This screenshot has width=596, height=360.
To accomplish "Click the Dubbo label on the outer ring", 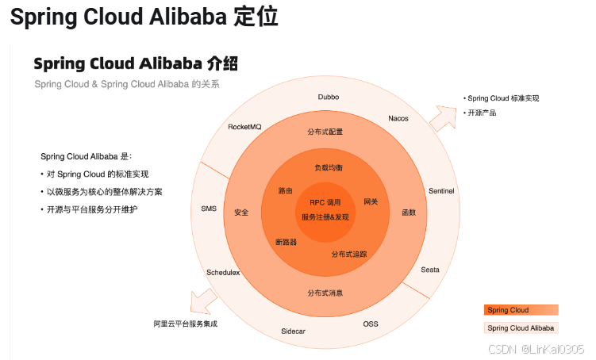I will tap(329, 97).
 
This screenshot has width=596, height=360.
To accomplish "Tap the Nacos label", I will tap(398, 118).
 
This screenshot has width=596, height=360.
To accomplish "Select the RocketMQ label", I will tap(244, 127).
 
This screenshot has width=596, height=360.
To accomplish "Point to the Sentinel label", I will tap(441, 191).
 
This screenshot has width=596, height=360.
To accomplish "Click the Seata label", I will tap(429, 270).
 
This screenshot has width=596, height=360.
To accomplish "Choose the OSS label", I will tap(371, 324).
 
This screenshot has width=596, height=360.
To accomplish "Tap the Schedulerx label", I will tap(223, 273).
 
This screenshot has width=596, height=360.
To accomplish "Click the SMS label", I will tap(209, 209).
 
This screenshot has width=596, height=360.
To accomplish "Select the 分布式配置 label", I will tap(325, 131).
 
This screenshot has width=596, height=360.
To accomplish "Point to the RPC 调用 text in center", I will tap(325, 203).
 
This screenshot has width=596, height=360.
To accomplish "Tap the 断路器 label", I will tap(286, 242).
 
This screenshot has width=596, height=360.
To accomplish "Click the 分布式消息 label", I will tap(325, 293).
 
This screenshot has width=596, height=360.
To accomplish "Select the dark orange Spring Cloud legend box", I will tap(521, 310).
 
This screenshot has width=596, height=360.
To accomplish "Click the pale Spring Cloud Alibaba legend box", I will tap(521, 327).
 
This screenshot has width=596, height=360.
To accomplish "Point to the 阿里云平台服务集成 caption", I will tap(185, 324).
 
